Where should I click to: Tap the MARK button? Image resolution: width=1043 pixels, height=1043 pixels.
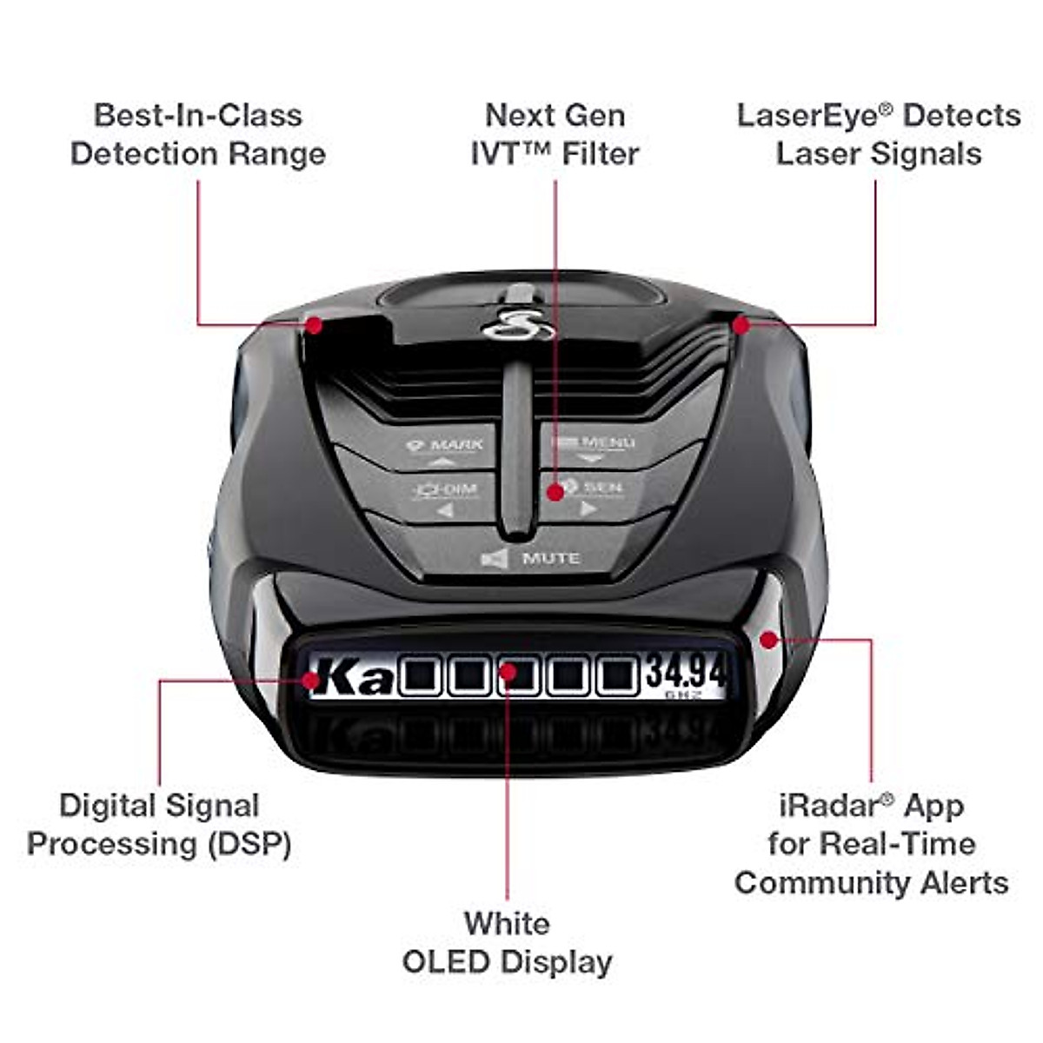coord(444,447)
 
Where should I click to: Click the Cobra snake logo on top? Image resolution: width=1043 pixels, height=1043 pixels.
coord(518,327)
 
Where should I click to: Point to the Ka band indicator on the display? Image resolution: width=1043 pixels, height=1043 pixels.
coord(353,677)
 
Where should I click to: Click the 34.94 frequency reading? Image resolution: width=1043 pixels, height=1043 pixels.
coord(686,674)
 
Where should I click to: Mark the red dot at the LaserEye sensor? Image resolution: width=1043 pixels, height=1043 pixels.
coord(741,325)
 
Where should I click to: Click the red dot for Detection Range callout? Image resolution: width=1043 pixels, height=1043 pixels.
coord(314,325)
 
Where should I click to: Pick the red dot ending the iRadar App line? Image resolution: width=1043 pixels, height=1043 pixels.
coord(767,640)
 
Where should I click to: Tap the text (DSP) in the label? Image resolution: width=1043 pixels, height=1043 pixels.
coord(249,844)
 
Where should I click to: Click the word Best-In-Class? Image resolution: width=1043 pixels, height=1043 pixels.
coord(198,116)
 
